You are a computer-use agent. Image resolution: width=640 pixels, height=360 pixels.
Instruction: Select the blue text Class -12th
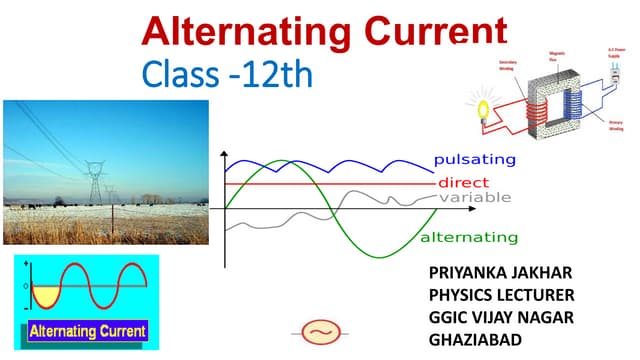click(228, 75)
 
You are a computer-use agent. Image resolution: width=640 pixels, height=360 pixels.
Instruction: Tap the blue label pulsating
click(474, 160)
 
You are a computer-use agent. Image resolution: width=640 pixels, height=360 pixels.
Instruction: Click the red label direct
click(463, 183)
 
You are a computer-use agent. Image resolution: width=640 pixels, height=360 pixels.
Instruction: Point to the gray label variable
click(475, 197)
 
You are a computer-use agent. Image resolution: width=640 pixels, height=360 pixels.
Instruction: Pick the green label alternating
click(468, 238)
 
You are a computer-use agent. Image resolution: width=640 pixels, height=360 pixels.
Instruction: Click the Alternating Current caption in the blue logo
click(88, 330)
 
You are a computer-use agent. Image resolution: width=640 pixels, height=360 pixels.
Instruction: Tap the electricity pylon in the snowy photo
click(96, 180)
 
